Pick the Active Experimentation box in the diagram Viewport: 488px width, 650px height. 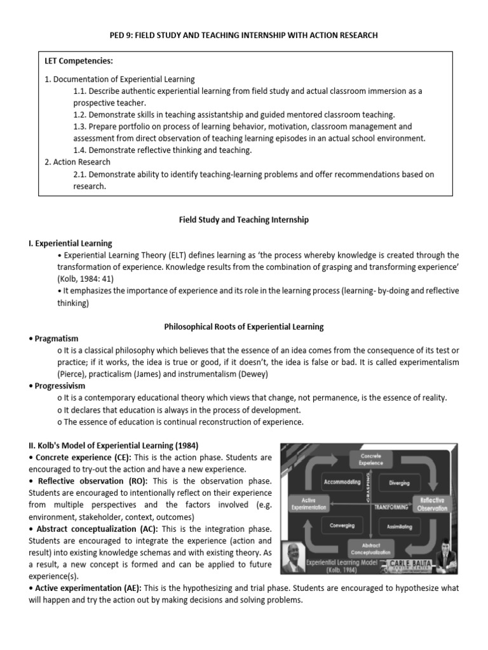(309, 503)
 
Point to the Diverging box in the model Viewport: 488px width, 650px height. (399, 482)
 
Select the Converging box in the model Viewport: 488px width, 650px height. (342, 526)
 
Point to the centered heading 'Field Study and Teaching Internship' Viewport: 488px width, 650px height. (243, 220)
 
